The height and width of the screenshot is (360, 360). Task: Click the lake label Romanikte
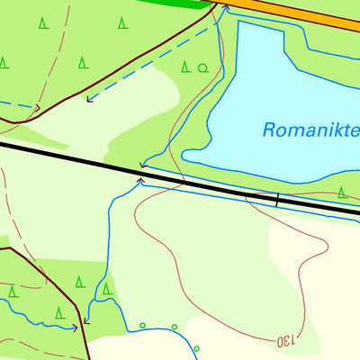(x=310, y=130)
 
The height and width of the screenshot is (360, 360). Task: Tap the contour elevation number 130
(x=284, y=341)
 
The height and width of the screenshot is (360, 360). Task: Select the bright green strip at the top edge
(x=180, y=4)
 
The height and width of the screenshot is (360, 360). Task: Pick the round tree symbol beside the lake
(x=202, y=67)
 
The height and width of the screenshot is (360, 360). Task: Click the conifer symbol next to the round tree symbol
(x=186, y=67)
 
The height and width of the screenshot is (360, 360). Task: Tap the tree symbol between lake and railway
(x=342, y=191)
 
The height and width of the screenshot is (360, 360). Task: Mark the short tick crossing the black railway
(x=277, y=200)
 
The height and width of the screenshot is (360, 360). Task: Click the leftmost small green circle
(x=142, y=325)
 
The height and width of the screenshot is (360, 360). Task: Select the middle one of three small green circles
(x=174, y=327)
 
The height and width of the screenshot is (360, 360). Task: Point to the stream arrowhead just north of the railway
(x=142, y=166)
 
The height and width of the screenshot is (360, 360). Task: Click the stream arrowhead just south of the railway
(x=139, y=181)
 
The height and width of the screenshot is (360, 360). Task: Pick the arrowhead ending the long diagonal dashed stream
(x=88, y=98)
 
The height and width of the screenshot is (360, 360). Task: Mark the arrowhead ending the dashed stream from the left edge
(x=37, y=107)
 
